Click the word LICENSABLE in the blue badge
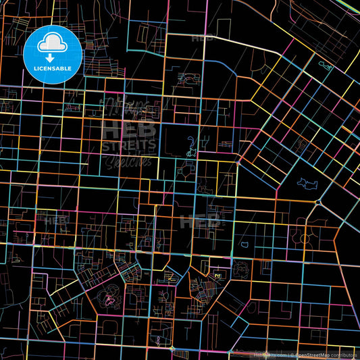click(53, 68)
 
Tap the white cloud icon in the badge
click(53, 43)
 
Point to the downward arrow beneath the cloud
click(53, 52)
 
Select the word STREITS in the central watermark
click(128, 145)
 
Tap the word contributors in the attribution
click(344, 354)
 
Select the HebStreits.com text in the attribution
click(269, 354)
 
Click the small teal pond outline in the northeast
click(326, 66)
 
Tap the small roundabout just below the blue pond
click(318, 202)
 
